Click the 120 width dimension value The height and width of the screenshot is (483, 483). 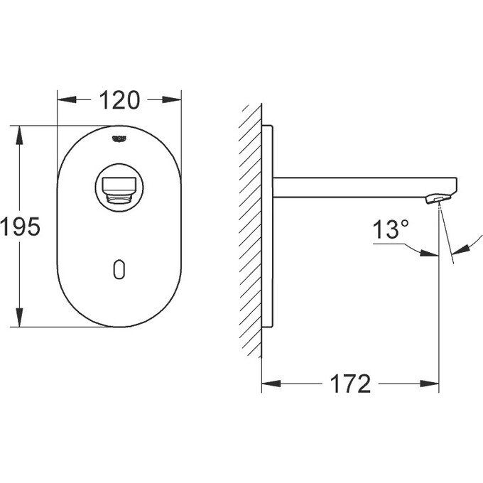(119, 101)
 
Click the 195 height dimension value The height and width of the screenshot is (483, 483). (20, 227)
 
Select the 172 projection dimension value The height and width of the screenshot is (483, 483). (349, 384)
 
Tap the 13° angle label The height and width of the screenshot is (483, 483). (391, 229)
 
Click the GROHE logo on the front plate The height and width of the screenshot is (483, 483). (119, 138)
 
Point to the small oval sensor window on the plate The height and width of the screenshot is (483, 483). (119, 269)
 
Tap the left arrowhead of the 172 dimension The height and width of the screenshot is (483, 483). (269, 384)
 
